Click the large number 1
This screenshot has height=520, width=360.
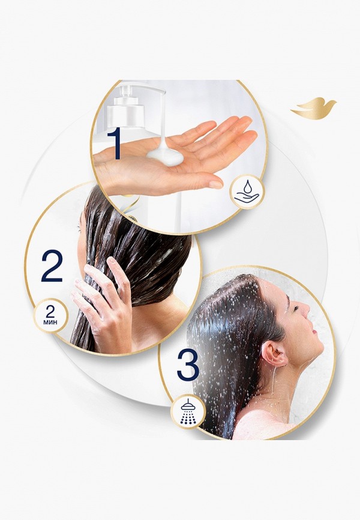[x=114, y=143]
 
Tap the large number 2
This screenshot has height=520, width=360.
[x=52, y=265]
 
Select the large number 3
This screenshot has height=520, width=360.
[x=188, y=364]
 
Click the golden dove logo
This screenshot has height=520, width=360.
[x=313, y=107]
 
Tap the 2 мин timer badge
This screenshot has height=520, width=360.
[x=51, y=315]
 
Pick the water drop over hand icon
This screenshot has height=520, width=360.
[x=246, y=192]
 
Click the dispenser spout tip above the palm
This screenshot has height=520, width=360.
[x=163, y=136]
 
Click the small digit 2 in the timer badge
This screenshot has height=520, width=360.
[x=50, y=312]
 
